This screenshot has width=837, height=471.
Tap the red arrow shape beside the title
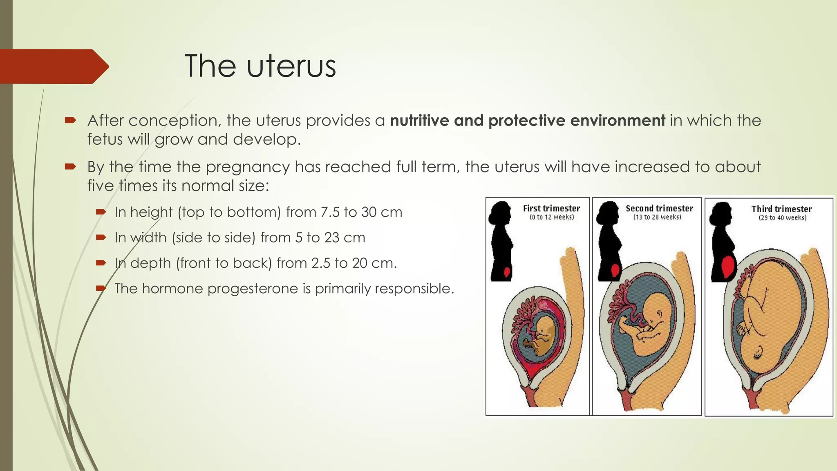[x=53, y=66]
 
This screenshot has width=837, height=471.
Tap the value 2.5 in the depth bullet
[x=320, y=263]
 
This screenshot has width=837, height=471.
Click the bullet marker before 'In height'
[x=101, y=212]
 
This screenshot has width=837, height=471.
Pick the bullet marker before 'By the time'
[x=70, y=166]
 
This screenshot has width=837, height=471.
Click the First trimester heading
[x=551, y=208]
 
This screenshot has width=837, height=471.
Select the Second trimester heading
[x=659, y=208]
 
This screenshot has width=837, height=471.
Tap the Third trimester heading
[x=781, y=209]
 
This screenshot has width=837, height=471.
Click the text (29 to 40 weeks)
[x=782, y=218]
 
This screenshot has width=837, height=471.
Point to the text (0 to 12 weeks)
[x=552, y=217]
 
